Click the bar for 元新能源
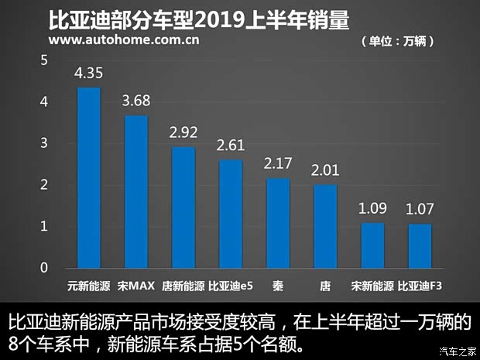(88, 177)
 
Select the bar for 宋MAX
(135, 192)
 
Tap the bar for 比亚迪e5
(230, 214)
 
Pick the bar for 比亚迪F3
(420, 246)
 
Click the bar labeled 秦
(278, 223)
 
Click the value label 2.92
(183, 133)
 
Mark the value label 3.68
(135, 101)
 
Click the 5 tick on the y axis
(44, 60)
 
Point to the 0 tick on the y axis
(44, 268)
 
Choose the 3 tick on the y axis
(44, 143)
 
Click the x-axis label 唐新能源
(183, 286)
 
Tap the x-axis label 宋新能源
(372, 286)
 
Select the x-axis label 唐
(325, 286)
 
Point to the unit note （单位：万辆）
(397, 40)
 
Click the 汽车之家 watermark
(457, 351)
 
